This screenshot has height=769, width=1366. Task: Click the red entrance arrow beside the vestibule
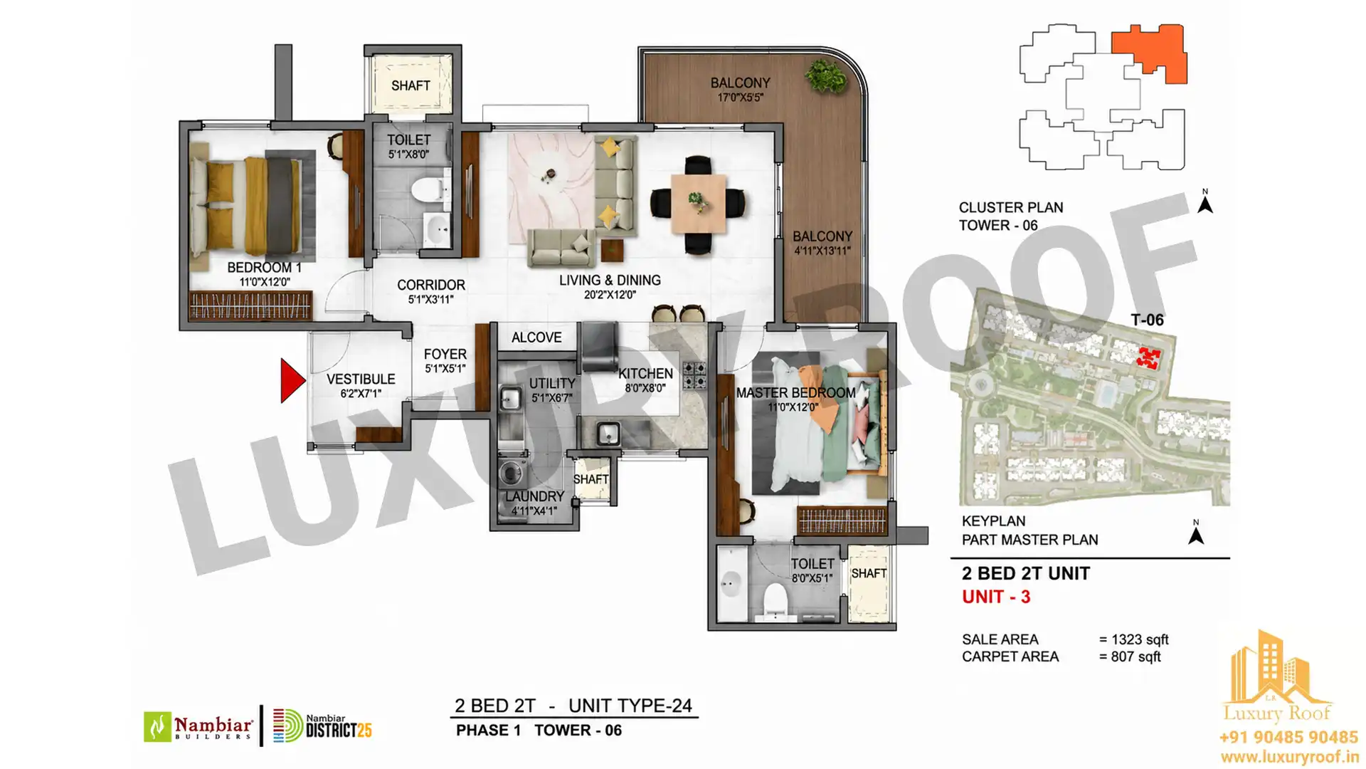click(x=292, y=381)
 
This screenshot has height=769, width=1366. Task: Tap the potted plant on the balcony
click(x=826, y=75)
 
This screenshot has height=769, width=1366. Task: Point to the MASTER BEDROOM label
click(x=795, y=393)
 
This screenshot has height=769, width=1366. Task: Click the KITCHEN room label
click(x=645, y=374)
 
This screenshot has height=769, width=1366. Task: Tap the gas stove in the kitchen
click(x=694, y=375)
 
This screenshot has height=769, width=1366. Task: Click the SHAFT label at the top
click(x=411, y=85)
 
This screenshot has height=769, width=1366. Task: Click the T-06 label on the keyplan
click(x=1147, y=320)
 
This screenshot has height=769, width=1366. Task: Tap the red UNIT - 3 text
click(x=996, y=597)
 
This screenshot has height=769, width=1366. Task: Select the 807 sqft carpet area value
click(x=1135, y=656)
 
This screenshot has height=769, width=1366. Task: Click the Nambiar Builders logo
click(x=198, y=726)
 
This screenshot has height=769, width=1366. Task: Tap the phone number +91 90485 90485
click(x=1288, y=738)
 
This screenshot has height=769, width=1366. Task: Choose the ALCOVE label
click(x=536, y=338)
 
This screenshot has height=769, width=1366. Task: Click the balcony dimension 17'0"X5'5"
click(x=740, y=98)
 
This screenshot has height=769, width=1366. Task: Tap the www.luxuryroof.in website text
click(x=1288, y=757)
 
